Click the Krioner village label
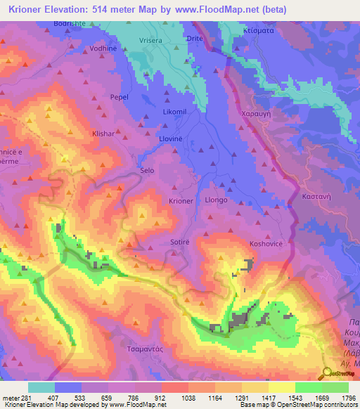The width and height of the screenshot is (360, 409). (181, 201)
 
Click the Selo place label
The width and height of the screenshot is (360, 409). (147, 171)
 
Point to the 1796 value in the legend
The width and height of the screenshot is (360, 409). (348, 398)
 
